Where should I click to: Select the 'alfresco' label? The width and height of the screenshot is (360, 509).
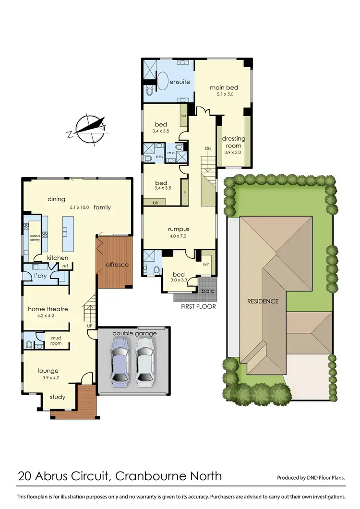coord(115,264)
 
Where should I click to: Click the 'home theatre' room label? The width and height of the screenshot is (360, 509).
coord(48,309)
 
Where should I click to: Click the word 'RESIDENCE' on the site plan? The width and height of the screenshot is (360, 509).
coord(263,302)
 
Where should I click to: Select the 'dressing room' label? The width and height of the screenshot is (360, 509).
coord(234,142)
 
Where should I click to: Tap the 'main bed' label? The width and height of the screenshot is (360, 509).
coord(224,88)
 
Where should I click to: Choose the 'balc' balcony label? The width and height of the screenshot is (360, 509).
coord(207,291)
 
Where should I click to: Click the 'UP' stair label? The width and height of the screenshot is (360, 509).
coord(89,326)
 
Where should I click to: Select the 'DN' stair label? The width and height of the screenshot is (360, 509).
coord(208,148)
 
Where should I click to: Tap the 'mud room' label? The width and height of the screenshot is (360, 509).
coord(56,340)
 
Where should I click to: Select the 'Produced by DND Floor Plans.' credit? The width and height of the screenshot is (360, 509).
coord(311,478)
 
